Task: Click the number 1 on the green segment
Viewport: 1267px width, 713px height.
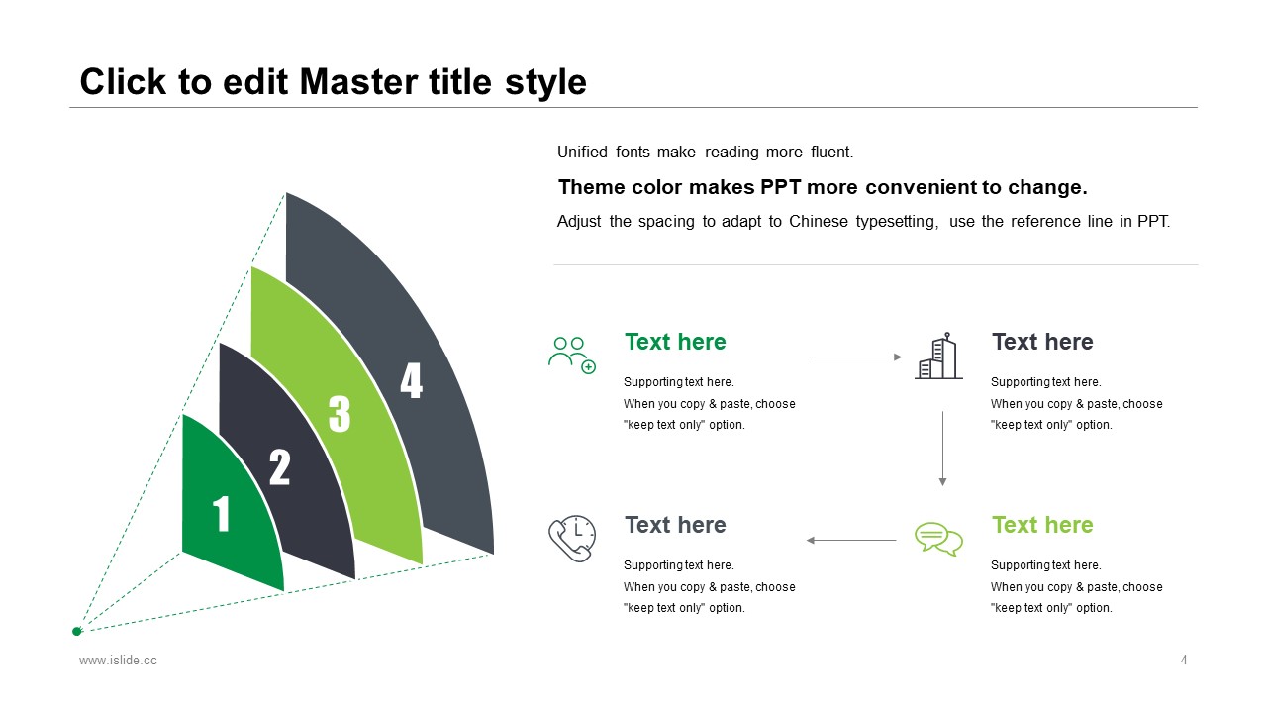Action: pos(221,514)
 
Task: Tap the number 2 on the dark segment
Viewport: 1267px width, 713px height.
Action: pos(279,467)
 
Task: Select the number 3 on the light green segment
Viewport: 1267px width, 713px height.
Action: pos(340,414)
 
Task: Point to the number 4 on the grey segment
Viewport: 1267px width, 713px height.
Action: pos(411,380)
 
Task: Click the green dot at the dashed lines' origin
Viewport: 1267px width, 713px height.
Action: pos(77,632)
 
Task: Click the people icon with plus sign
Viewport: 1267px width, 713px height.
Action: pos(572,356)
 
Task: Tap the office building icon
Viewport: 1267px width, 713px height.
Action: pos(938,356)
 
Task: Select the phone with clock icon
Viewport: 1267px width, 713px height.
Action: pos(572,538)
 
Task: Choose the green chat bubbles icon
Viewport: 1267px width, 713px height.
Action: pos(938,539)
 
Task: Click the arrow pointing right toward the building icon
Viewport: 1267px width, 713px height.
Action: pos(856,357)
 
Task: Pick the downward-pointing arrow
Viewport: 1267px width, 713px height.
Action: pos(942,449)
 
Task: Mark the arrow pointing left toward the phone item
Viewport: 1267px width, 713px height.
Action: pos(850,541)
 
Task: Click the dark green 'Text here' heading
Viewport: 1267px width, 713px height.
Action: pos(675,342)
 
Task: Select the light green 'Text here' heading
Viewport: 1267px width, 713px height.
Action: pos(1042,525)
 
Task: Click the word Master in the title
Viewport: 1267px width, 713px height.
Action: pos(359,82)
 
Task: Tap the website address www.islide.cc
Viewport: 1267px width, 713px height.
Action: pos(118,661)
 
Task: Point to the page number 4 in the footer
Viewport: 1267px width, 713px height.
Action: pos(1184,660)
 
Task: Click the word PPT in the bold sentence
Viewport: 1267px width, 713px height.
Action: pos(780,187)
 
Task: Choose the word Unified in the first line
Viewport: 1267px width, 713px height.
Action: pos(582,152)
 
